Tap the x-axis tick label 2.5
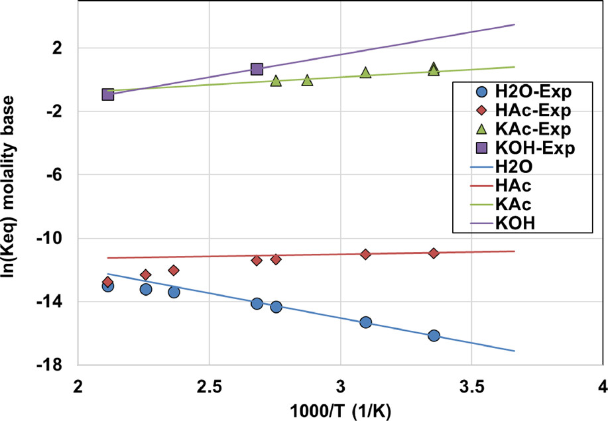209,386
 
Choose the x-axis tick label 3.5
471,386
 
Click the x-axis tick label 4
602,386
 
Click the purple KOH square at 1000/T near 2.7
257,69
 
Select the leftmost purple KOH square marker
108,94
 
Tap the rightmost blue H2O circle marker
434,335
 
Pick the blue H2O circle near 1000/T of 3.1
365,322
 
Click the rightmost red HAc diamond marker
434,253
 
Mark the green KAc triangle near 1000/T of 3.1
365,72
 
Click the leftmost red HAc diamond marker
107,282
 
